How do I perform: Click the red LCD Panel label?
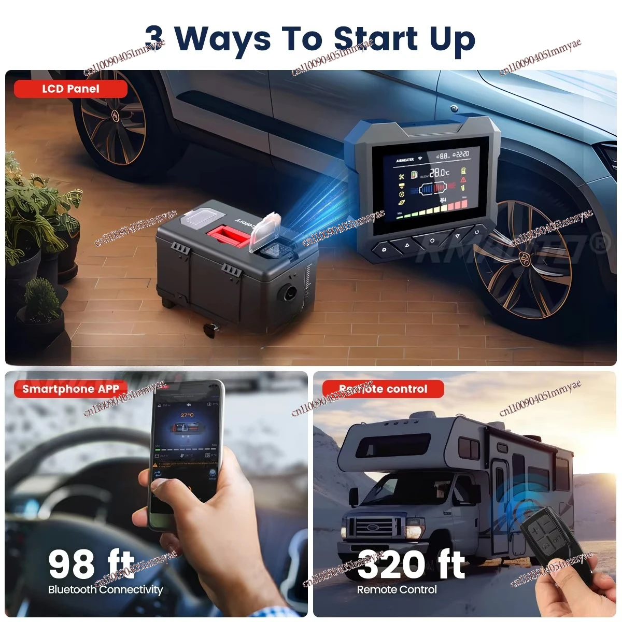tap(70, 89)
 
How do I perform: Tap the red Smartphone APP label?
tap(70, 389)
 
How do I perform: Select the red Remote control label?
tap(383, 389)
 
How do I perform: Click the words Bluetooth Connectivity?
tap(105, 589)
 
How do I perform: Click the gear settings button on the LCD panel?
tap(384, 249)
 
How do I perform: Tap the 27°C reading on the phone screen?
tap(187, 415)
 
